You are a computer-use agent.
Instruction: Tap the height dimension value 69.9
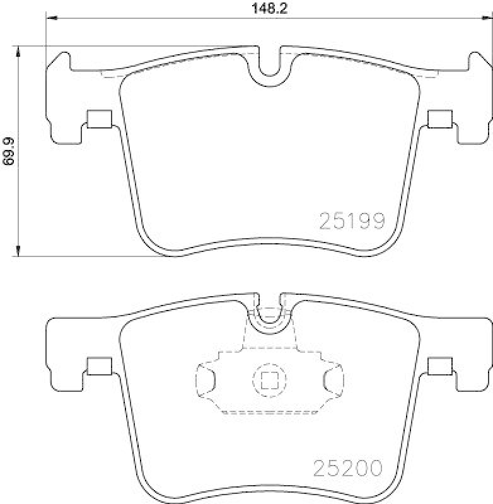pos(8,152)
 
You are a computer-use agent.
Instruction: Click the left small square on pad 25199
pos(98,118)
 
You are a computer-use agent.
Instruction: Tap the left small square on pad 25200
pos(98,366)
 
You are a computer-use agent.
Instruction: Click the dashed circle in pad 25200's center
pos(269,379)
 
